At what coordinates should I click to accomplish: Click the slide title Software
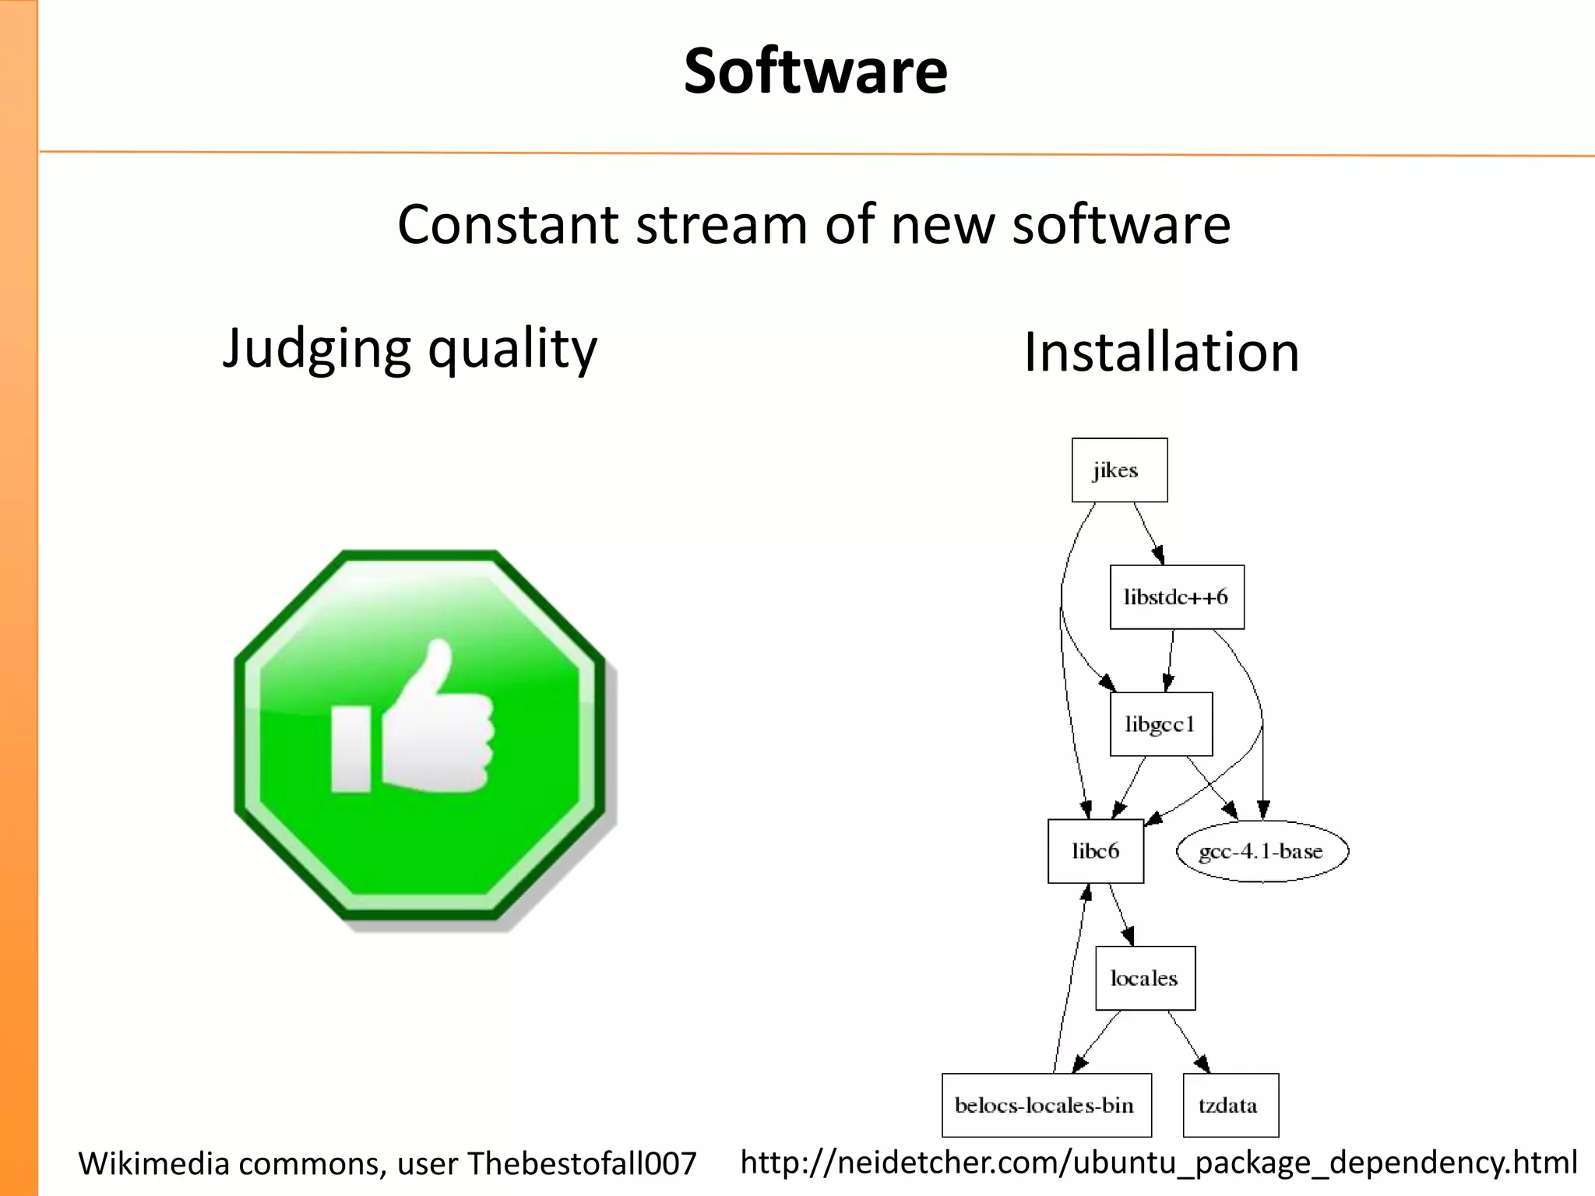(x=815, y=71)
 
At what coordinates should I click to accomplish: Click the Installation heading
(x=1161, y=352)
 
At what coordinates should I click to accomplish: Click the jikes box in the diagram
(x=1119, y=470)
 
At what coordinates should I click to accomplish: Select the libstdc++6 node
(x=1176, y=597)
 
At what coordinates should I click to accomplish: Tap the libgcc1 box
(x=1160, y=724)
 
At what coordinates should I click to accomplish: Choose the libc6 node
(x=1095, y=851)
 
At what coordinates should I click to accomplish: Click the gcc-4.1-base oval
(x=1262, y=851)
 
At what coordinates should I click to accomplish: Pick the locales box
(x=1144, y=978)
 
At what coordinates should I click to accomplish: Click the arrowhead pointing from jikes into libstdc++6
(x=1159, y=555)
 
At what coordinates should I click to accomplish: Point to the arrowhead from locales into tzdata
(x=1203, y=1064)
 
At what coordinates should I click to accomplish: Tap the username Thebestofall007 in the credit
(x=581, y=1163)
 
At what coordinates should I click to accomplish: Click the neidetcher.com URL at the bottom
(x=1158, y=1162)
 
